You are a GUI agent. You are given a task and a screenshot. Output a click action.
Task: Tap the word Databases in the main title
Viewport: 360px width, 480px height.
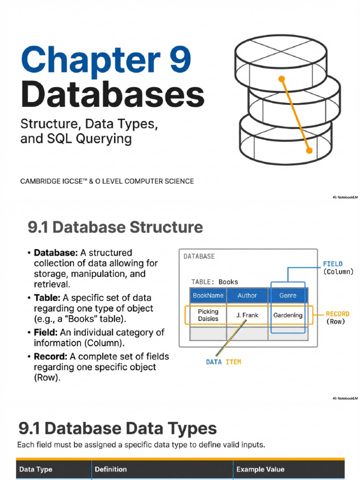pos(112,94)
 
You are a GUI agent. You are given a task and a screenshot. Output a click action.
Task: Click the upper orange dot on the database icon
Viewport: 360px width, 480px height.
pos(282,79)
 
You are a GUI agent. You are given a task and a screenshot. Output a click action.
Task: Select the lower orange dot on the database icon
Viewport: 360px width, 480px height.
pos(309,150)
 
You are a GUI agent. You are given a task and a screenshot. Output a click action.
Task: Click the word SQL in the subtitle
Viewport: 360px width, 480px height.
pos(60,138)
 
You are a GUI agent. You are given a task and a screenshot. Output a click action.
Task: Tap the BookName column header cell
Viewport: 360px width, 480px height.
pos(208,295)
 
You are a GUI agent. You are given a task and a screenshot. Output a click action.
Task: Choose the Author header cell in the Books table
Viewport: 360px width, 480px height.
pos(247,295)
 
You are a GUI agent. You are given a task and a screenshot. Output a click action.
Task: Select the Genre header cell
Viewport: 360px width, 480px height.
pos(288,295)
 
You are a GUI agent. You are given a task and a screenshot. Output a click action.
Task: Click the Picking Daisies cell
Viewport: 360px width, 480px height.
pos(208,315)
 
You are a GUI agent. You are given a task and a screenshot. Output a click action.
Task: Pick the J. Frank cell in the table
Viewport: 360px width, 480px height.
pos(247,315)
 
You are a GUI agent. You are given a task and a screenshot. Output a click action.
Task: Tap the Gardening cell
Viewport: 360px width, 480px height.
pos(288,315)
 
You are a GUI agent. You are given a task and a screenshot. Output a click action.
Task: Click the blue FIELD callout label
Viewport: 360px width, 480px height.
pos(333,264)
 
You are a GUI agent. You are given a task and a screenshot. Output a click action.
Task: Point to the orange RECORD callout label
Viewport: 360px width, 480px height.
pos(337,314)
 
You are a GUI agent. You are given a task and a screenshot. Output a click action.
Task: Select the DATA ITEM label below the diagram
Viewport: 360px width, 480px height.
pos(224,362)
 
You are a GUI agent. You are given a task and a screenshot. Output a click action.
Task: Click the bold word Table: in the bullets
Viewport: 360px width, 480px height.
pos(47,298)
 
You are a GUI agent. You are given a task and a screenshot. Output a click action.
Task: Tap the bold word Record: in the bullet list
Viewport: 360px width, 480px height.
pos(51,357)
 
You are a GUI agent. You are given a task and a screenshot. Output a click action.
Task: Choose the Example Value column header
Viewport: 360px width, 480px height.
pos(260,469)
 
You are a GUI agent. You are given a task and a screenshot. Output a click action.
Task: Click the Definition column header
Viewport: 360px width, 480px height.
pos(111,469)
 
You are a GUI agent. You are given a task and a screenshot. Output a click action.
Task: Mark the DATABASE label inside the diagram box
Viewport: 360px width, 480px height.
pos(199,256)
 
